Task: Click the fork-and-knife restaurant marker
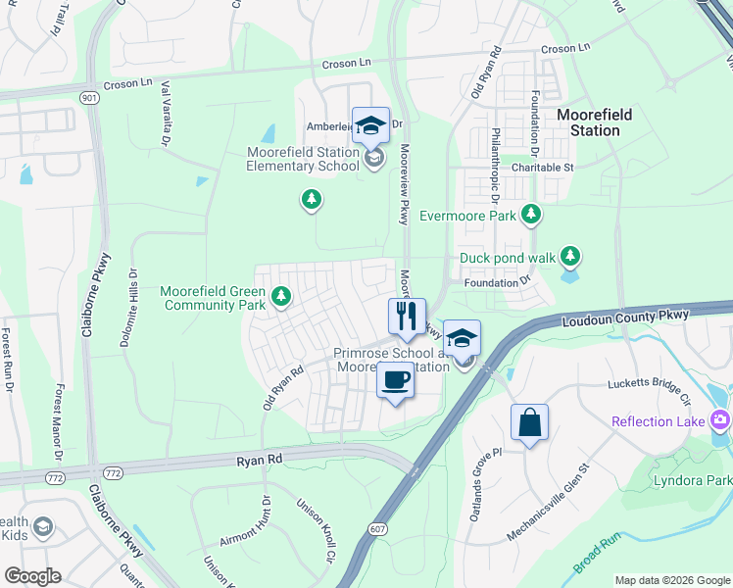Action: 407,317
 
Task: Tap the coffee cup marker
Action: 395,379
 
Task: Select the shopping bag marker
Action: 529,422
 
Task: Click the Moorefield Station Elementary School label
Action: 303,158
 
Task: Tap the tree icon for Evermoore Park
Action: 531,214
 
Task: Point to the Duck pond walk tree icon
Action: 569,258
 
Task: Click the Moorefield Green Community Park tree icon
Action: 281,295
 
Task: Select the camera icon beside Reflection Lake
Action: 721,420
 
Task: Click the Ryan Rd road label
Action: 260,458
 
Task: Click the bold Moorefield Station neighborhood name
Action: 594,122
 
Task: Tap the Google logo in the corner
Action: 32,576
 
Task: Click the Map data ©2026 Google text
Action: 671,580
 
